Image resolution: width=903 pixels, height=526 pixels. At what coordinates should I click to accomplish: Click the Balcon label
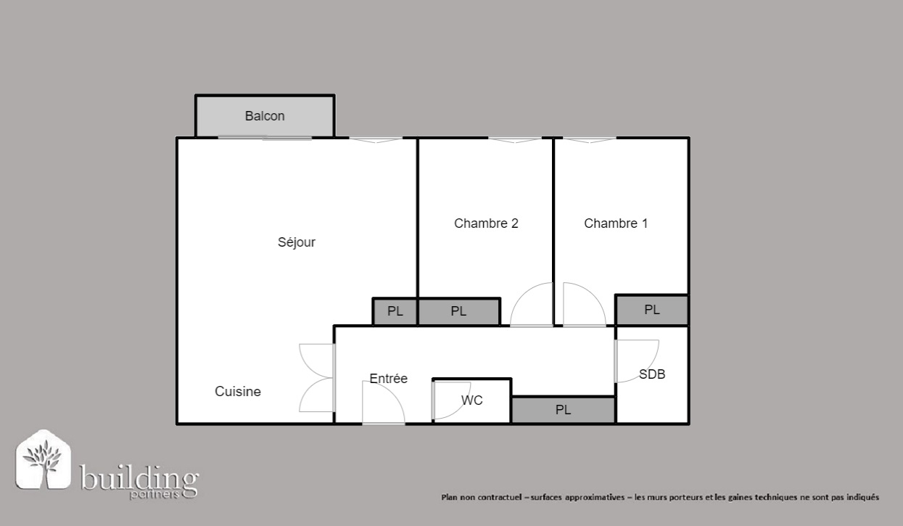coord(265,116)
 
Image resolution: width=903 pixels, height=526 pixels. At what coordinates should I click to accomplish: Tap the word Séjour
coord(297,242)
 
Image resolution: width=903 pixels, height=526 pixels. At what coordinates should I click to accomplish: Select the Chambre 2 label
coord(486,223)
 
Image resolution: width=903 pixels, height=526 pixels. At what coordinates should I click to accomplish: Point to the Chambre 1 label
coord(616,223)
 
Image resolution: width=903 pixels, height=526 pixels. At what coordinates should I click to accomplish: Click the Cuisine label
coord(238,391)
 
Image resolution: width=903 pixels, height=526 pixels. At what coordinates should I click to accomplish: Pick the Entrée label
coord(389,379)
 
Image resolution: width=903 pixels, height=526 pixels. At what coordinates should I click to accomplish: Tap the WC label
coord(472,400)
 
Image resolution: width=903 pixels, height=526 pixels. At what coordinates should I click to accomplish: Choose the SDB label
coord(652,374)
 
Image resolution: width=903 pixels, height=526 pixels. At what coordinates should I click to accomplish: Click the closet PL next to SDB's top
coord(652,311)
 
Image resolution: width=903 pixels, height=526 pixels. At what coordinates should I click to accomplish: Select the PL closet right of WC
coord(564,410)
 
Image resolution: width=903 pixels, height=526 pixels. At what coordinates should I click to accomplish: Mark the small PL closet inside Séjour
coord(395,311)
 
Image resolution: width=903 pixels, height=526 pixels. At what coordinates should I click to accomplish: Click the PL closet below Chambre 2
coord(459,311)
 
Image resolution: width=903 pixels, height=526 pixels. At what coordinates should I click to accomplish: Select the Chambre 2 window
coord(515,139)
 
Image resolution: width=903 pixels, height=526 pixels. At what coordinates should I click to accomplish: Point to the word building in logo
coord(139,478)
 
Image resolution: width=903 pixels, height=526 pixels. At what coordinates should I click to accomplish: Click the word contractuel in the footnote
coord(500,497)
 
